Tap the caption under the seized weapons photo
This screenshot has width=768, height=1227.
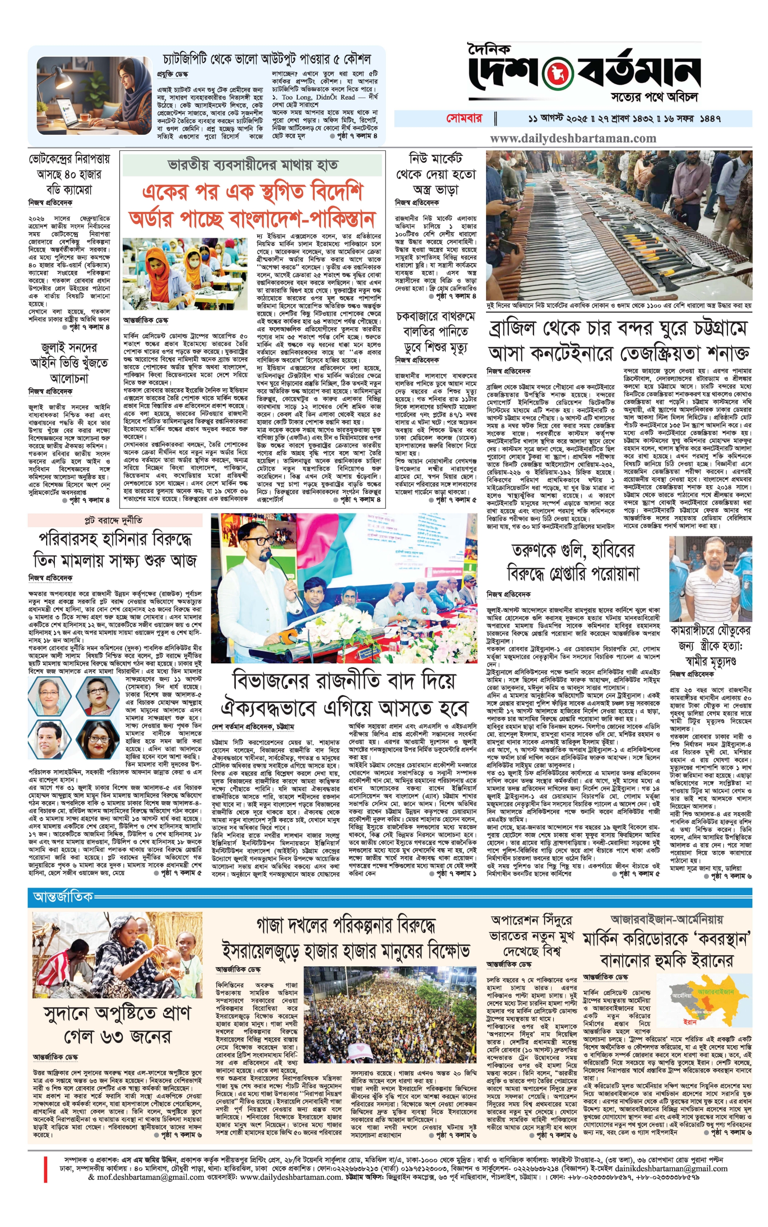coord(619,306)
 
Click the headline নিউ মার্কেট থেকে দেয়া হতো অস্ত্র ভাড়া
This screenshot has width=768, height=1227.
coord(435,174)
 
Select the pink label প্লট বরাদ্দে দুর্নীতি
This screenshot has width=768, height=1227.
coord(113,520)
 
